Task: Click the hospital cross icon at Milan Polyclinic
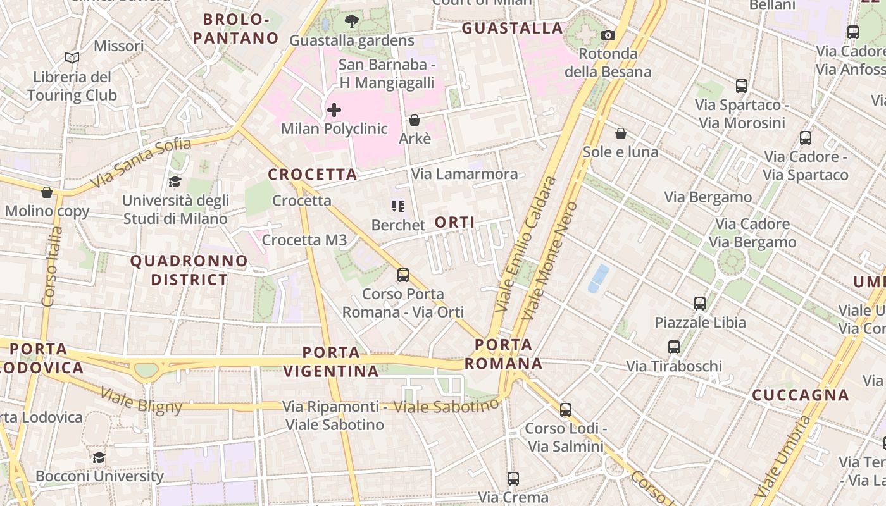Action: (334, 111)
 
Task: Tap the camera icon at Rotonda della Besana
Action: (608, 35)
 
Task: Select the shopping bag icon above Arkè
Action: (415, 120)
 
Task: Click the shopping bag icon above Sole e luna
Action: (621, 133)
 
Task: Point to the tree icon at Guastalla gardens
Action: (351, 22)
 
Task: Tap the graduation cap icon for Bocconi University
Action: (99, 457)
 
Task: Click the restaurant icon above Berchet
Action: (397, 206)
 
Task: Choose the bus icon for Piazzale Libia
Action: (699, 304)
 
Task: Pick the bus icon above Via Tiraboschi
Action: (674, 347)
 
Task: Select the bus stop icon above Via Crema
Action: (513, 479)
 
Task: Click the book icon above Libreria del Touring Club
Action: (72, 58)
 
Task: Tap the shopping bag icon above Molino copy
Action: (47, 192)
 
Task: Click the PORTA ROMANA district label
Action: (504, 354)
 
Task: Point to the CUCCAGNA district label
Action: (800, 395)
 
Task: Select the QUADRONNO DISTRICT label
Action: (189, 270)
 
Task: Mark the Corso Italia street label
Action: (53, 266)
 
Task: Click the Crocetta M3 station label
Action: (304, 240)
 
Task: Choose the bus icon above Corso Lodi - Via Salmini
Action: (566, 410)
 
